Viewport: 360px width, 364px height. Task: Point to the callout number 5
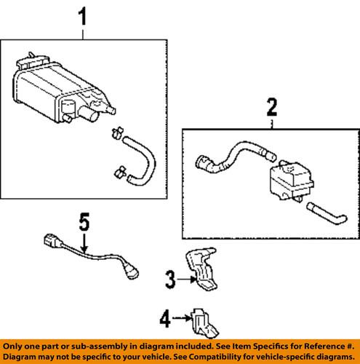(84, 223)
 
